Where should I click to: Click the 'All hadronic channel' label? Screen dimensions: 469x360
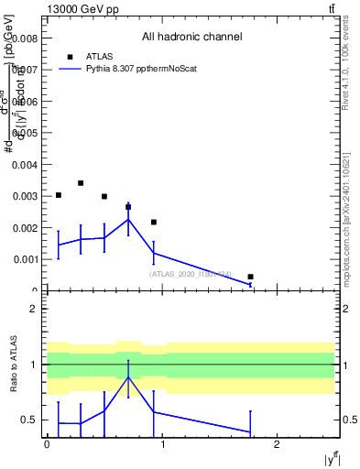191,38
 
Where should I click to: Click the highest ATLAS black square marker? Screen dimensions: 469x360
81,183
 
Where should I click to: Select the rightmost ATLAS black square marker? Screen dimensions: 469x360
250,277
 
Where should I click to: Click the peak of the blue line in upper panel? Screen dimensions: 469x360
128,219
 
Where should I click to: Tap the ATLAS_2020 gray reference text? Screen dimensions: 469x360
191,274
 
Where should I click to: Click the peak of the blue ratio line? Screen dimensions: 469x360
128,377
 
